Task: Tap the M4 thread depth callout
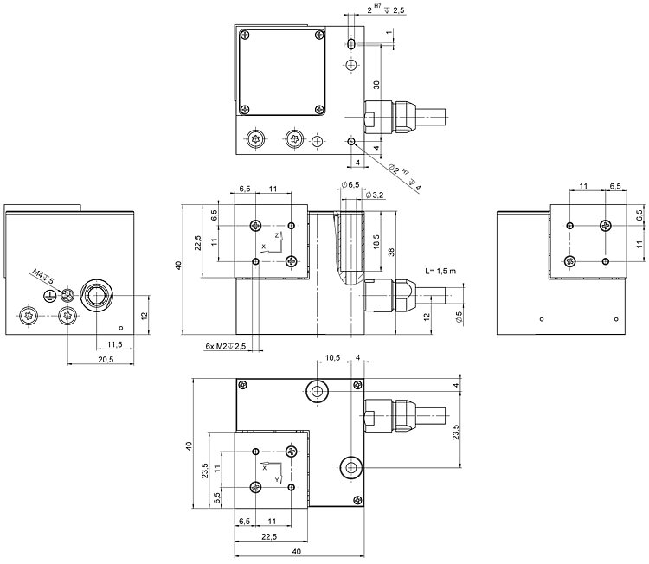tap(42, 277)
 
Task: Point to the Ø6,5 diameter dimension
tap(350, 184)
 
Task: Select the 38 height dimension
tap(392, 253)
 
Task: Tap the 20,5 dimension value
tap(82, 358)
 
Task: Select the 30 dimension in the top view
tap(376, 85)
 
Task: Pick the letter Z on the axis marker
tap(276, 234)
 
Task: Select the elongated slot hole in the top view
tap(350, 44)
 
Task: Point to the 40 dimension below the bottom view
tap(297, 551)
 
